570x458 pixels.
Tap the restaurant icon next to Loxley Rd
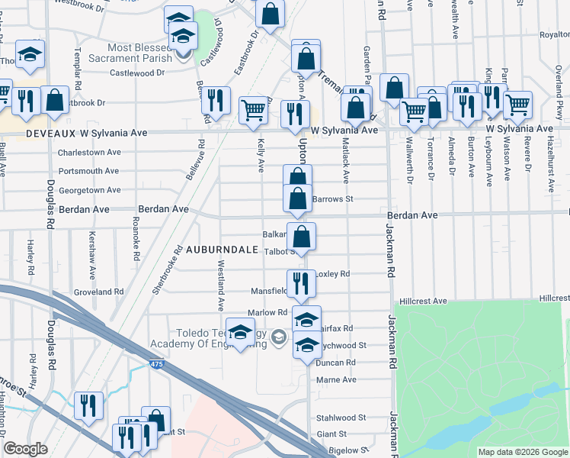301,283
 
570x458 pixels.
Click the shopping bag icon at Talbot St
303,237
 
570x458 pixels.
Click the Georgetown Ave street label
90,190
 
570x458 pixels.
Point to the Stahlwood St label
341,418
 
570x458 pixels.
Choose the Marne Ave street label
336,379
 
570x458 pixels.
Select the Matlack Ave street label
345,166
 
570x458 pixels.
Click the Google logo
26,449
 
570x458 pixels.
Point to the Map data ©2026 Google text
522,451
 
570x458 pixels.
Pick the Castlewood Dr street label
137,73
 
